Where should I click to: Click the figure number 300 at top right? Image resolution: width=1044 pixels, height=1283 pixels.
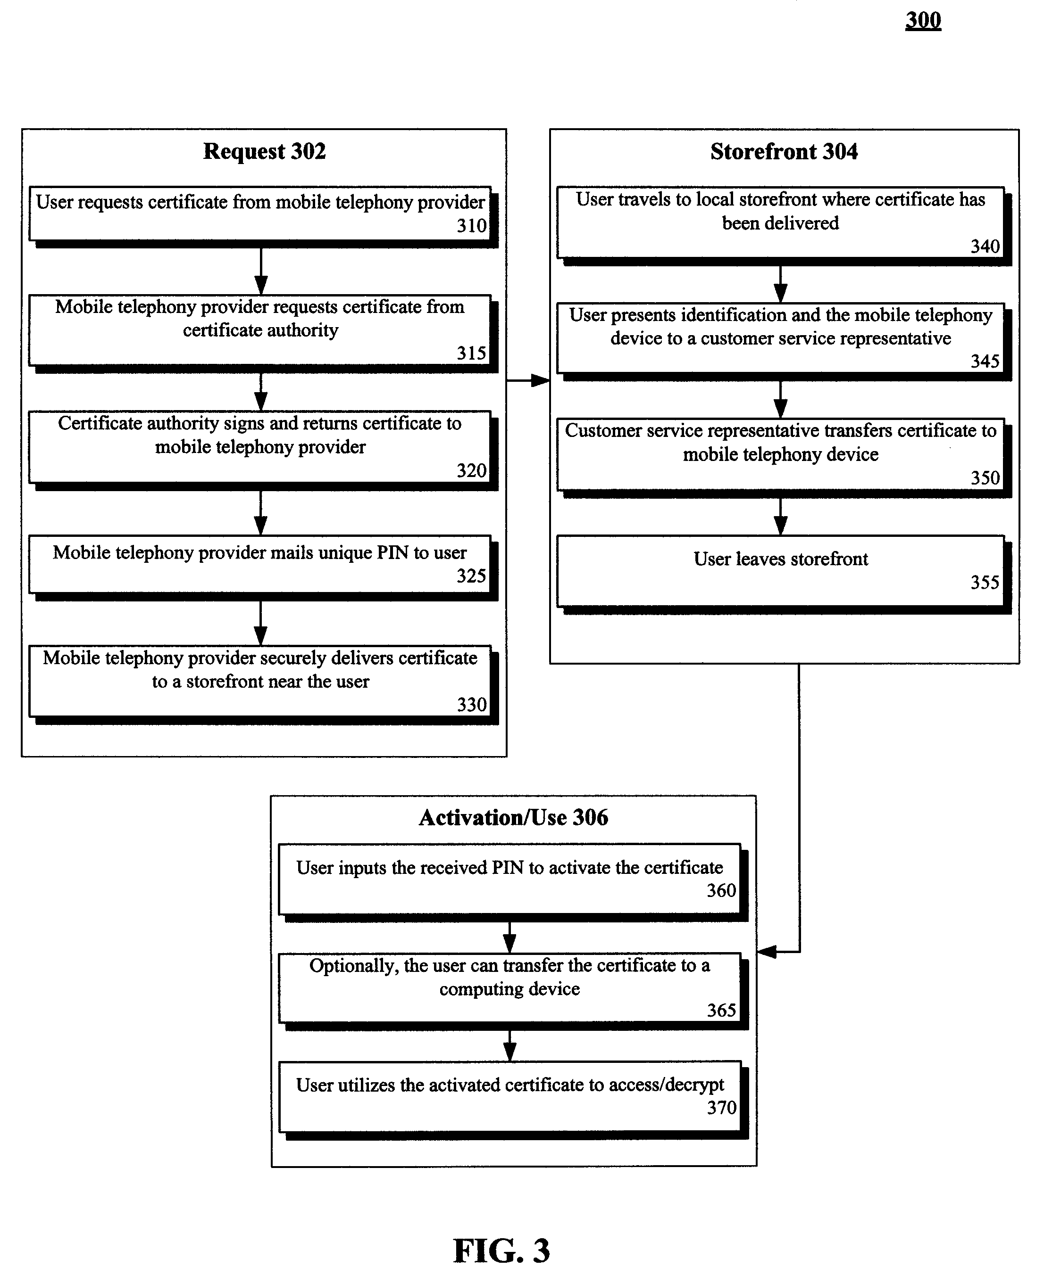(923, 20)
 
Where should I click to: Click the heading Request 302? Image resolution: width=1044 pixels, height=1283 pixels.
(264, 151)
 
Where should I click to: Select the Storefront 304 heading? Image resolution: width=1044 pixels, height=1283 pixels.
(784, 151)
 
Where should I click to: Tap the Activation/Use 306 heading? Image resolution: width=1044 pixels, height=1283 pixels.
(513, 817)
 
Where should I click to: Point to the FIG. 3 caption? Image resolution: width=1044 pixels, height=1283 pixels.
(501, 1251)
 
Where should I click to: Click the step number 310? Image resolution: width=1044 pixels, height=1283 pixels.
(471, 226)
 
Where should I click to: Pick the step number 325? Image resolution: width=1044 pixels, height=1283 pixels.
(471, 576)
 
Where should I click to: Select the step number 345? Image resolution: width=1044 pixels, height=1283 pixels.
(985, 361)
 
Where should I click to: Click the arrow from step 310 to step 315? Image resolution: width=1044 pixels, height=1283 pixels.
(260, 271)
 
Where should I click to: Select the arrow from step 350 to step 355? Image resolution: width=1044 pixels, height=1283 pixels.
(781, 516)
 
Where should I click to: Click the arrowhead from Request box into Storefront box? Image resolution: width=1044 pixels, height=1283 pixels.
(541, 380)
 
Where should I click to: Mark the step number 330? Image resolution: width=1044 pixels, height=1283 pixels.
(471, 704)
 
